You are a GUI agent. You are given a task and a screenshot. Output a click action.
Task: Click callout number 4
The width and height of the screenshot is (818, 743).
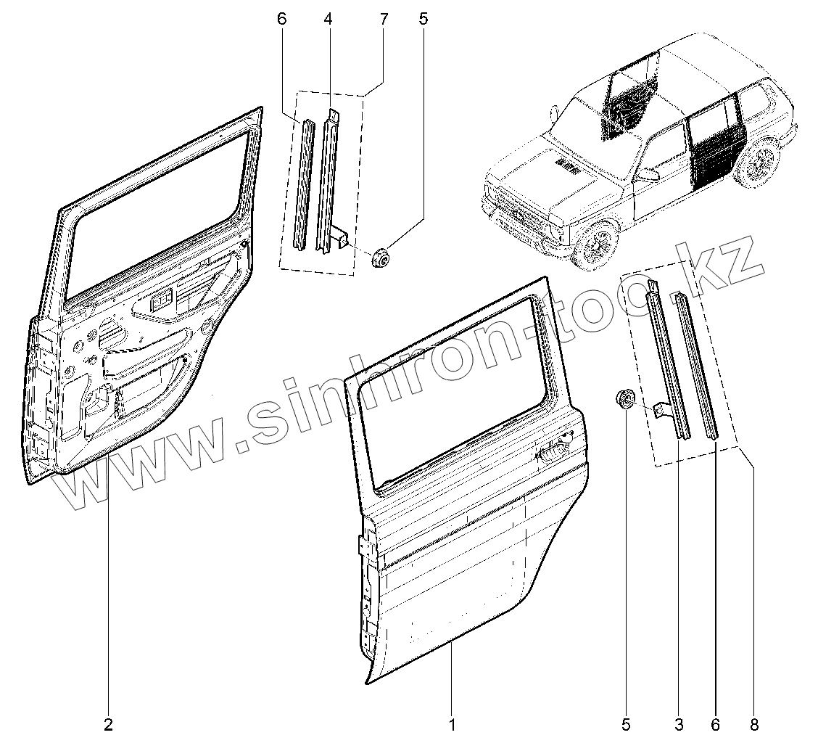[x=328, y=20]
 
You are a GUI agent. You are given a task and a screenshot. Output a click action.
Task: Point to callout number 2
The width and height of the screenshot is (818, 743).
[x=108, y=723]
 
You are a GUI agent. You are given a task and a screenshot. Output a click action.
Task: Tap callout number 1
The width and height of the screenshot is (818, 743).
[x=452, y=723]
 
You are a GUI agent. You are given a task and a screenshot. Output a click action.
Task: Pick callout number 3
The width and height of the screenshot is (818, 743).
[x=679, y=723]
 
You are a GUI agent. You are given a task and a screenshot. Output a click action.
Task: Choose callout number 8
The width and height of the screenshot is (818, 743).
[x=754, y=723]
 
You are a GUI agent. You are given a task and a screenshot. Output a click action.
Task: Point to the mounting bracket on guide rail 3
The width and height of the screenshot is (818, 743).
[x=662, y=410]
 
